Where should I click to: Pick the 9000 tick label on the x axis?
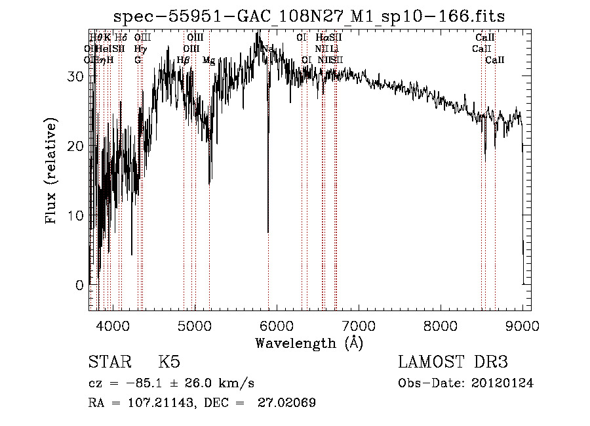522,325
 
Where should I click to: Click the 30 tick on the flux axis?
75,76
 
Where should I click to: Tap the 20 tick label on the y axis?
75,146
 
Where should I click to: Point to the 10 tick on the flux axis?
75,216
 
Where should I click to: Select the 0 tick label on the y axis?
79,286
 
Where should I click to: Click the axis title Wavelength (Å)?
309,343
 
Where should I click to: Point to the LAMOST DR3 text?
453,363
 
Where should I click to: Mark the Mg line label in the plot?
208,60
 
